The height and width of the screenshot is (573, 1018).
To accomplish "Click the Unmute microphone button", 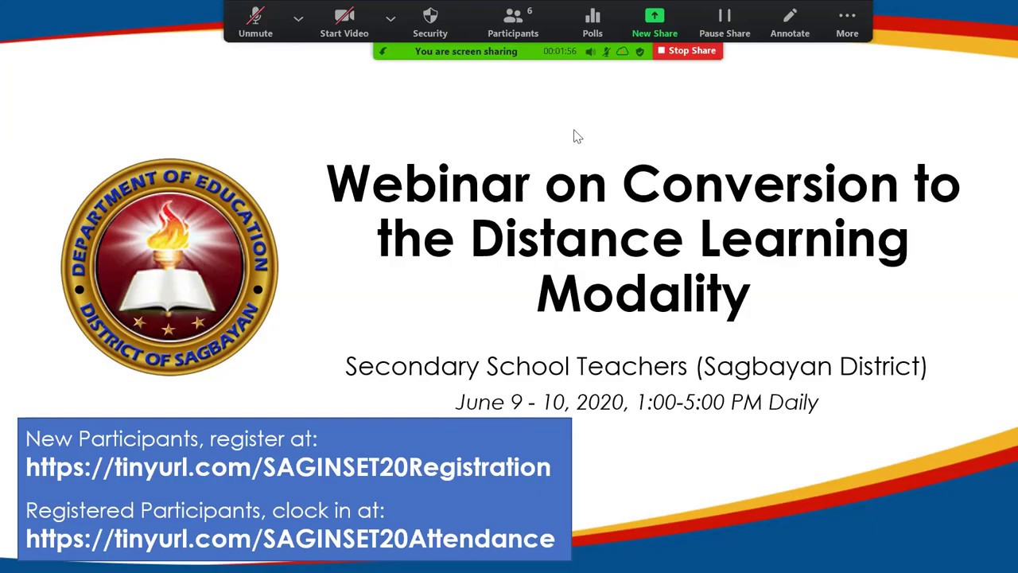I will pyautogui.click(x=255, y=21).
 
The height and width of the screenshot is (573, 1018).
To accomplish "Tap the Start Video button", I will pyautogui.click(x=344, y=21).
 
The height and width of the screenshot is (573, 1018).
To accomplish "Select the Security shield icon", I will pyautogui.click(x=430, y=21).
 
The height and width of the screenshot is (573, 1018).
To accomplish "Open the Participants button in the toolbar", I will pyautogui.click(x=513, y=21).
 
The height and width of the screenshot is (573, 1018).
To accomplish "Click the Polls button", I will pyautogui.click(x=593, y=21).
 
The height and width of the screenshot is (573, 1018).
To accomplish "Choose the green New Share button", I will pyautogui.click(x=655, y=21).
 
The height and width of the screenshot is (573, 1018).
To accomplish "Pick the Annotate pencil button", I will pyautogui.click(x=790, y=21).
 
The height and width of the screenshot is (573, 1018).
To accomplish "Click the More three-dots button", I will pyautogui.click(x=847, y=21).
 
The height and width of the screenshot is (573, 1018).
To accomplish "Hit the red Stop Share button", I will pyautogui.click(x=687, y=51).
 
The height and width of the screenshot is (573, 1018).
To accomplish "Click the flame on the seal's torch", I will pyautogui.click(x=169, y=226).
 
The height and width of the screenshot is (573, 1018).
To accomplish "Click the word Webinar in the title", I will pyautogui.click(x=427, y=185).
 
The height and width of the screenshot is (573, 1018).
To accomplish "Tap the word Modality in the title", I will pyautogui.click(x=643, y=294).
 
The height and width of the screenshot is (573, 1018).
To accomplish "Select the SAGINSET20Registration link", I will pyautogui.click(x=288, y=467).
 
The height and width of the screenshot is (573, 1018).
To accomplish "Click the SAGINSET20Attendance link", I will pyautogui.click(x=290, y=539).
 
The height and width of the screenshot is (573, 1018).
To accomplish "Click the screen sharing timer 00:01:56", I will pyautogui.click(x=560, y=51).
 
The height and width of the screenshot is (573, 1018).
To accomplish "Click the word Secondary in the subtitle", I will pyautogui.click(x=412, y=367).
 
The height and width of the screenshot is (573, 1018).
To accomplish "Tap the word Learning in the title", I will pyautogui.click(x=803, y=240).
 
